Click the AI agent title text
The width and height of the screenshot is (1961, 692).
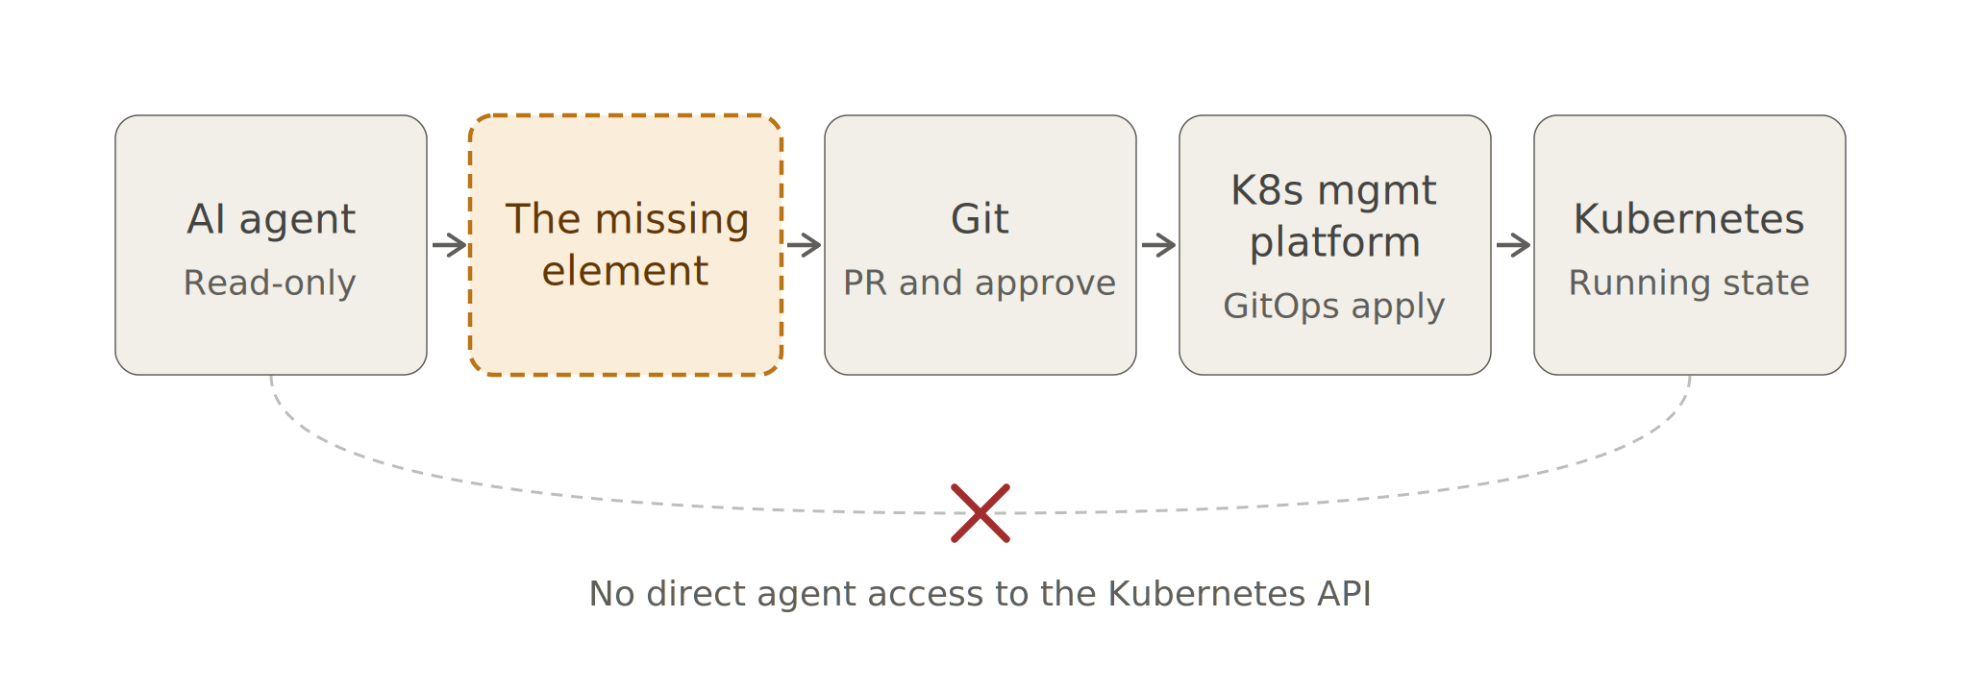[271, 220]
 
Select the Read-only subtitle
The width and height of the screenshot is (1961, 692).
[270, 283]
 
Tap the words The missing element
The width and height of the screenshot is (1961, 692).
[626, 245]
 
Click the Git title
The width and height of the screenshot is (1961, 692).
[980, 219]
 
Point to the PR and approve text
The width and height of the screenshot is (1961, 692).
[980, 283]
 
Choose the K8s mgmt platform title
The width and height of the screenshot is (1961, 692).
[1334, 216]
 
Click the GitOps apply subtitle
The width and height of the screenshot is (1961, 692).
[1334, 307]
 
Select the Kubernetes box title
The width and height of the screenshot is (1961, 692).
[1689, 219]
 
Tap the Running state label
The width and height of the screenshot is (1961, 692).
[1689, 283]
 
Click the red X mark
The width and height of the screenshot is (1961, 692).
[980, 513]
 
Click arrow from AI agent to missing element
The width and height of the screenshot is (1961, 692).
[449, 245]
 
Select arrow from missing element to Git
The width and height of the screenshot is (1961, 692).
[804, 245]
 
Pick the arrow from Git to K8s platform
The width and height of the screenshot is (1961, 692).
[1158, 245]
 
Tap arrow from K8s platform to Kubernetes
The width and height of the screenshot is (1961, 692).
[1513, 245]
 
